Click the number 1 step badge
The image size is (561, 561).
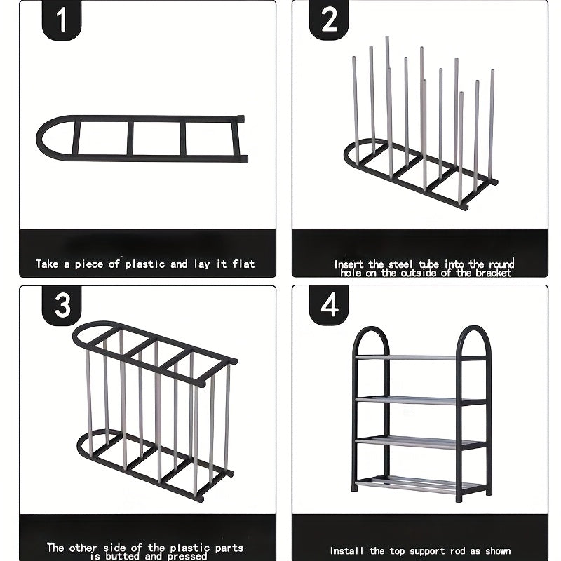point(62,21)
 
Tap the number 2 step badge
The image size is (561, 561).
point(330,21)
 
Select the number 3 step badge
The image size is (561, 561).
point(62,306)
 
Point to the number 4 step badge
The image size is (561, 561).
point(330,306)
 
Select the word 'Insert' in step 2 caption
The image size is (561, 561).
point(349,264)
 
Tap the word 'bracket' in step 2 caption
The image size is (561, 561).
point(493,273)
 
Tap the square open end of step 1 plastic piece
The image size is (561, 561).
point(241,138)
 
